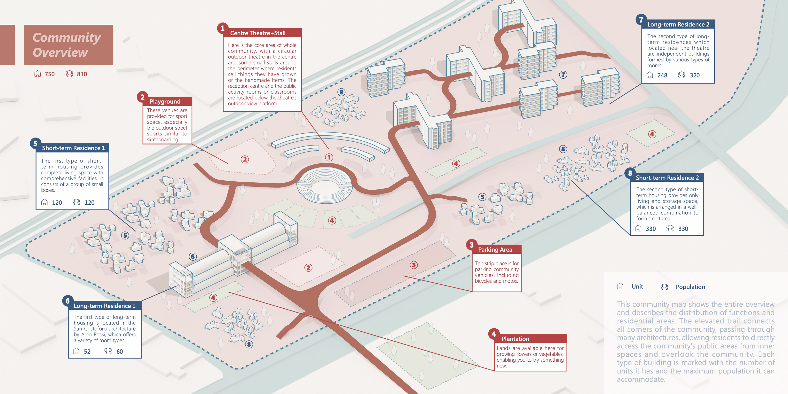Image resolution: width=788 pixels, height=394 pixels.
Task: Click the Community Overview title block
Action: click(69, 45)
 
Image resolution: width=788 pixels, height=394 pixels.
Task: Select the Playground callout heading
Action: click(165, 101)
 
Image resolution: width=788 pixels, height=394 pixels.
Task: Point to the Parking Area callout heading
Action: click(495, 250)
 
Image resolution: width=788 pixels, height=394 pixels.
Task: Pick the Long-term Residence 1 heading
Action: click(104, 306)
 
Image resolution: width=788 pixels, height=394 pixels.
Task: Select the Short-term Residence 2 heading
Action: click(667, 178)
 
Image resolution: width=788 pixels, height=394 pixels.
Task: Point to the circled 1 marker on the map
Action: click(329, 158)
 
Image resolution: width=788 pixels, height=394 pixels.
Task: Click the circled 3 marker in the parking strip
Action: click(413, 265)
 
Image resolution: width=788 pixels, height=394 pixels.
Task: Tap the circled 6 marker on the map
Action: click(193, 257)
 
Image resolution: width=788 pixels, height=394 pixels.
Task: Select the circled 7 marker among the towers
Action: click(563, 75)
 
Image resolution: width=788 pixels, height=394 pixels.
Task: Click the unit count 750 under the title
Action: click(49, 74)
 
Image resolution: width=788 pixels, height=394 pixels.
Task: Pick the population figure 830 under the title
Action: click(82, 74)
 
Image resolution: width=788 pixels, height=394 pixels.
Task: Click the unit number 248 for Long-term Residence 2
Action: click(662, 75)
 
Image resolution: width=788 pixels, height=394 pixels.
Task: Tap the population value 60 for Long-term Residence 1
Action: click(120, 352)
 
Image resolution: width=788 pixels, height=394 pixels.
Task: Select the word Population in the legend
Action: click(690, 287)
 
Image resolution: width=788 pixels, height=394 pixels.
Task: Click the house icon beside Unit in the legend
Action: click(620, 286)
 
